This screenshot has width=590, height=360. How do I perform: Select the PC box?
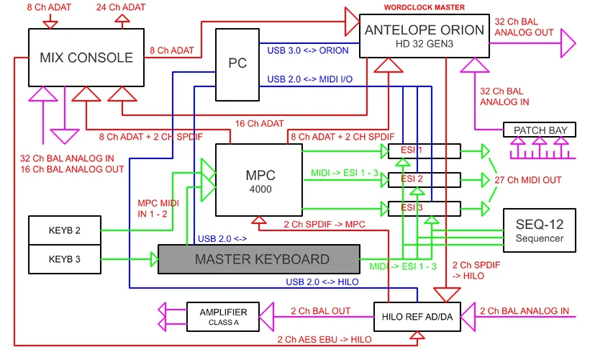(x=237, y=63)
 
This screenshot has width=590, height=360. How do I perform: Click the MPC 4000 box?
(x=258, y=180)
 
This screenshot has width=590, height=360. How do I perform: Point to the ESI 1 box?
(x=423, y=151)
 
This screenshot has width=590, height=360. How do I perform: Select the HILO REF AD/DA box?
(x=417, y=315)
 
